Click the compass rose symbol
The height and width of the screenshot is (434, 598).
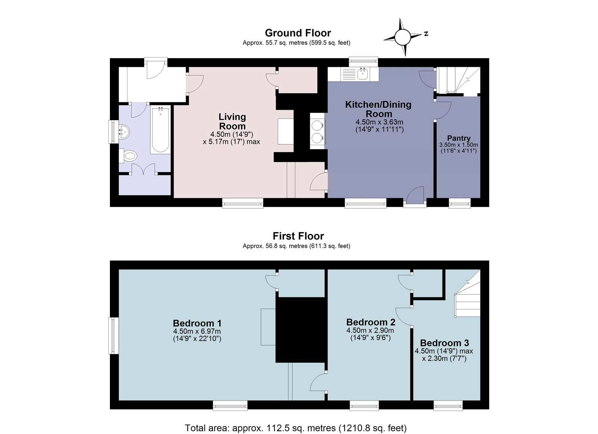(x=403, y=37)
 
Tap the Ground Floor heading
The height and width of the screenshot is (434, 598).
(x=298, y=33)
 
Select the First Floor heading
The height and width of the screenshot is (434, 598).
(x=298, y=236)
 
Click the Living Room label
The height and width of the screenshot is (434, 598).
(x=232, y=122)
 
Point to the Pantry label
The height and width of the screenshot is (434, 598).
(x=459, y=138)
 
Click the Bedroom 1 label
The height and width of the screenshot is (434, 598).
(x=197, y=323)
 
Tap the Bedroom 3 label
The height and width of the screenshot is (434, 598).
(x=444, y=343)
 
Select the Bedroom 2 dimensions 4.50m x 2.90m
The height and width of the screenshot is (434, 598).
(x=370, y=331)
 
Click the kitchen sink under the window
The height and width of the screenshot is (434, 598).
(x=362, y=74)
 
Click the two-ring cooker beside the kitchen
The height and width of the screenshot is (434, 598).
(x=317, y=131)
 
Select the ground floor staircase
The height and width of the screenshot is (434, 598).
(x=458, y=80)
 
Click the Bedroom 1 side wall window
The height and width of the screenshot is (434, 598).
(x=113, y=335)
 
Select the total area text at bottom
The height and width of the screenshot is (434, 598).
(x=295, y=428)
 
